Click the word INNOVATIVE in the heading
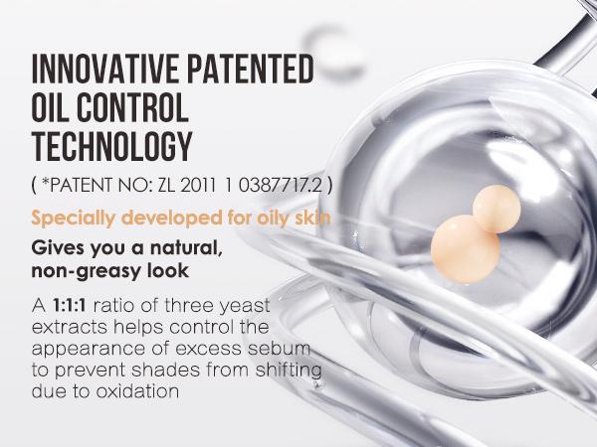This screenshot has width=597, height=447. pos(105,69)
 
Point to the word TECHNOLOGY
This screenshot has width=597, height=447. pos(111,146)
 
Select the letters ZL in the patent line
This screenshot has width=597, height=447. pos(166,185)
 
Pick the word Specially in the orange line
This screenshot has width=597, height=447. pos(73,219)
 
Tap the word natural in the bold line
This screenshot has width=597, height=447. pos(186,248)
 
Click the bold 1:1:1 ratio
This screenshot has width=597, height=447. pos(69,306)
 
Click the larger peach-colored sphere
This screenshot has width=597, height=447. pos(466,249)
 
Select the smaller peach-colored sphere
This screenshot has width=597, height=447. pos(497,209)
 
